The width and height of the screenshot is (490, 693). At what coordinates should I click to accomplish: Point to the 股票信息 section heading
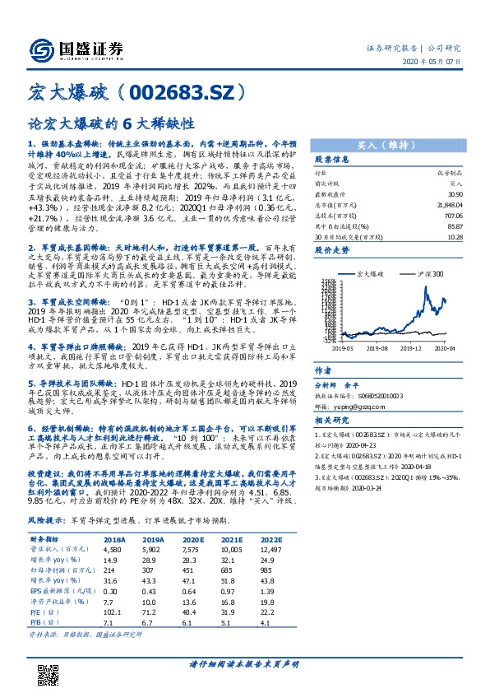tap(332, 159)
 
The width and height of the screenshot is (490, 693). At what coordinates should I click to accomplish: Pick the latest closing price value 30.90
tap(452, 192)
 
